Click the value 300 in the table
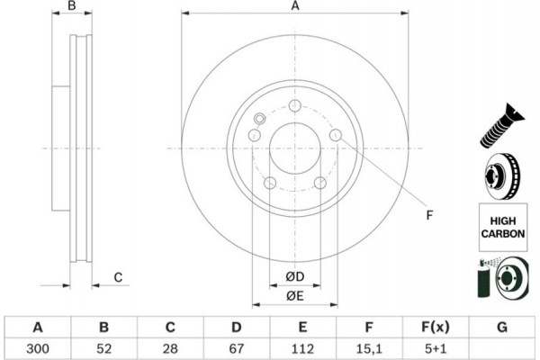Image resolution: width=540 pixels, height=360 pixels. point(37,346)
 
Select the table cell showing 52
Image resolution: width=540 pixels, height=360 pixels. point(103,346)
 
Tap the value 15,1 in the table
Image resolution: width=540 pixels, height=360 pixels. point(370,346)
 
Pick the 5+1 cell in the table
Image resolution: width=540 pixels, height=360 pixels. point(436,346)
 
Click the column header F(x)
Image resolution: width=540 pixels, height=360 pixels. point(436,326)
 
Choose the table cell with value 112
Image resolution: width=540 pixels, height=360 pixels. point(303,346)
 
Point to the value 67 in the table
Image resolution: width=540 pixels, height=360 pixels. point(237,346)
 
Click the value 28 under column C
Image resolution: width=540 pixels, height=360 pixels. point(170,346)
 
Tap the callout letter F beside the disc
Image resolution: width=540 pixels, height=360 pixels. point(429,214)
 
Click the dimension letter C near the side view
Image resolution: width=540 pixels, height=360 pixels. point(118,277)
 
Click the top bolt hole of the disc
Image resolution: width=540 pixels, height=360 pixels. point(294,105)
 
